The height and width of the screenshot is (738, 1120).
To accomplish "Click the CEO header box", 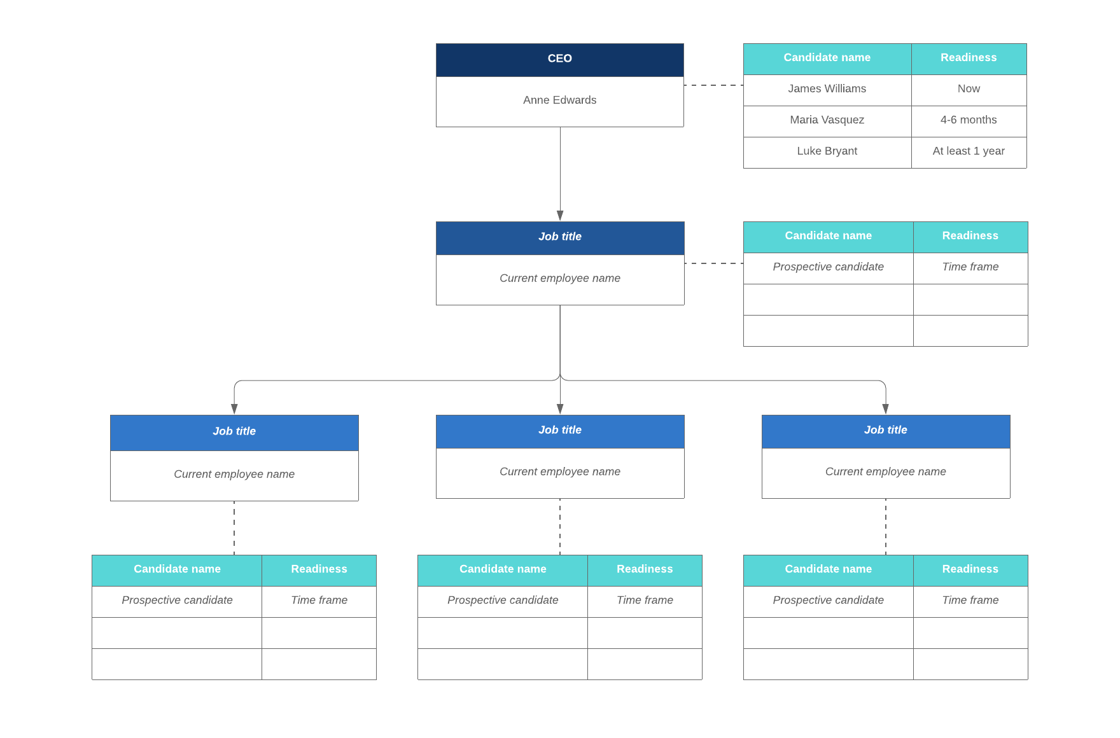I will coord(559,59).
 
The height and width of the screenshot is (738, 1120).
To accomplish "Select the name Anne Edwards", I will coord(559,101).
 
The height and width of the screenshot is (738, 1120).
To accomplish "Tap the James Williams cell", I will coord(827,89).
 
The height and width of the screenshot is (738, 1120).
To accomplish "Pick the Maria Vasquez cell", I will coord(827,120).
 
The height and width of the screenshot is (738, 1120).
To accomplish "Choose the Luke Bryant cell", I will coord(827,151).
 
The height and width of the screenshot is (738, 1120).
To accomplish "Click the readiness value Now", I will coord(968,89).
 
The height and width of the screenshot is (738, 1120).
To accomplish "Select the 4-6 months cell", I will coord(968,120).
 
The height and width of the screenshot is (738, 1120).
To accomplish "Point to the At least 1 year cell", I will coord(968,151).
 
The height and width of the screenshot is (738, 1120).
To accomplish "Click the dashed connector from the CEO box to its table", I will coord(713,85).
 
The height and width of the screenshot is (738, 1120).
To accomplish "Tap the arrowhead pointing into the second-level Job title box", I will coord(560,216).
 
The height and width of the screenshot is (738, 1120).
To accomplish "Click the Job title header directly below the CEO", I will coord(559,237).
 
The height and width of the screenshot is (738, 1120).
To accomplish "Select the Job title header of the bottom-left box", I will coord(234,432).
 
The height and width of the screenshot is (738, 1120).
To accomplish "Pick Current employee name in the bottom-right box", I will coord(885,472).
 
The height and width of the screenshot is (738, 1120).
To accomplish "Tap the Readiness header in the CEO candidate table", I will coord(968,58).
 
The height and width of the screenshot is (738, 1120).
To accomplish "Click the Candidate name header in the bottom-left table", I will coord(177,569).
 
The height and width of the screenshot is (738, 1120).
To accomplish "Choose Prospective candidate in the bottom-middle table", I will coord(502,601).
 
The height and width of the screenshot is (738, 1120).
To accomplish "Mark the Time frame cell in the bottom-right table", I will coord(970,601).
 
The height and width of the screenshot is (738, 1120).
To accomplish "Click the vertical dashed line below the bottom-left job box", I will coord(234,528).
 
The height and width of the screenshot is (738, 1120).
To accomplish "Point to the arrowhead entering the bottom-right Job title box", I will coord(885,409).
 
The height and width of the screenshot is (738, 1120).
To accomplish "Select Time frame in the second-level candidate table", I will coord(970,267).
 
